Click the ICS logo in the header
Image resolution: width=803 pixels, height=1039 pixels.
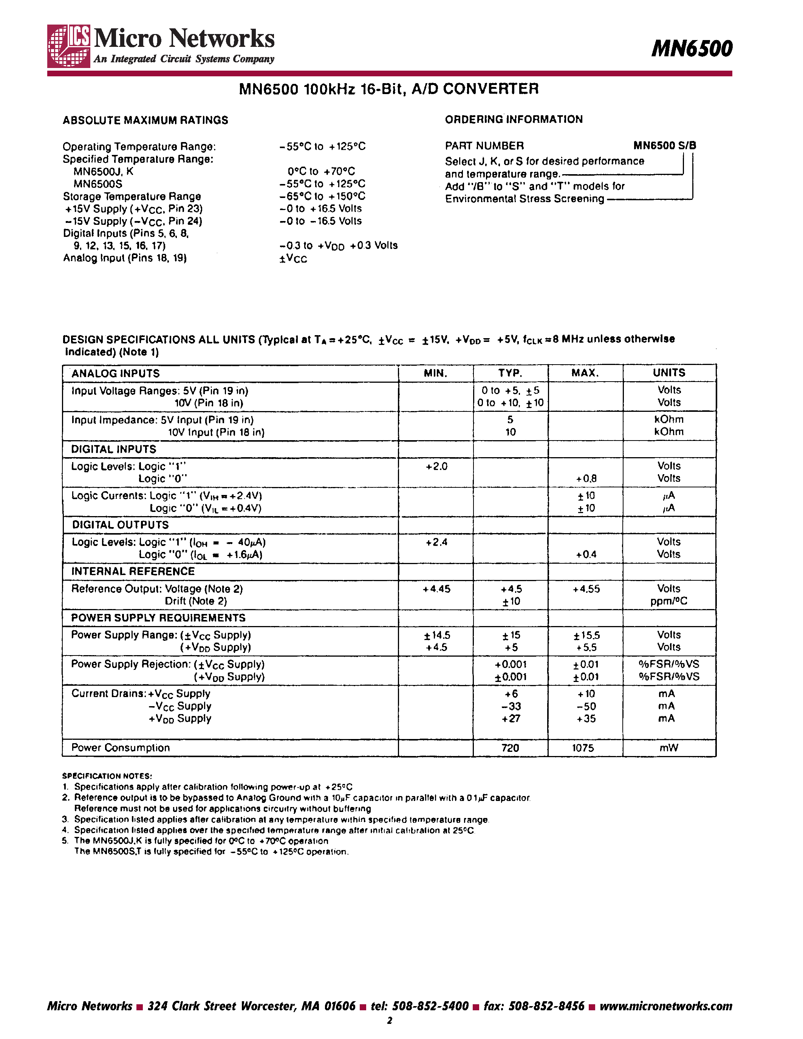(69, 46)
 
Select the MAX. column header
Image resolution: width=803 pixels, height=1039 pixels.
(585, 373)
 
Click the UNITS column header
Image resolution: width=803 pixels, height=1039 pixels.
(668, 373)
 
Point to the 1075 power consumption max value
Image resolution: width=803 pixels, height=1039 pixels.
(583, 748)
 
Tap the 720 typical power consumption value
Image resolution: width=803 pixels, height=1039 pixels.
(510, 748)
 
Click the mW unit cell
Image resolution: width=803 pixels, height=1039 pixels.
(668, 748)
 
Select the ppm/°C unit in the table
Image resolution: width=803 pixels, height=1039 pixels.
(668, 601)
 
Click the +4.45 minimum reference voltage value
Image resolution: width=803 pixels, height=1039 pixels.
(436, 589)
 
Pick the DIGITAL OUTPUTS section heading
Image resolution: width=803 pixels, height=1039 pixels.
(120, 525)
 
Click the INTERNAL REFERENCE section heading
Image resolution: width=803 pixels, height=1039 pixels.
(133, 571)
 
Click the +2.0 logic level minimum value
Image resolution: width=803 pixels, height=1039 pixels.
(436, 467)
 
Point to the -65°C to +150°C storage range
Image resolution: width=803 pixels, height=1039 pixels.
(322, 196)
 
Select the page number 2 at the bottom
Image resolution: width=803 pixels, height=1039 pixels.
(390, 1020)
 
